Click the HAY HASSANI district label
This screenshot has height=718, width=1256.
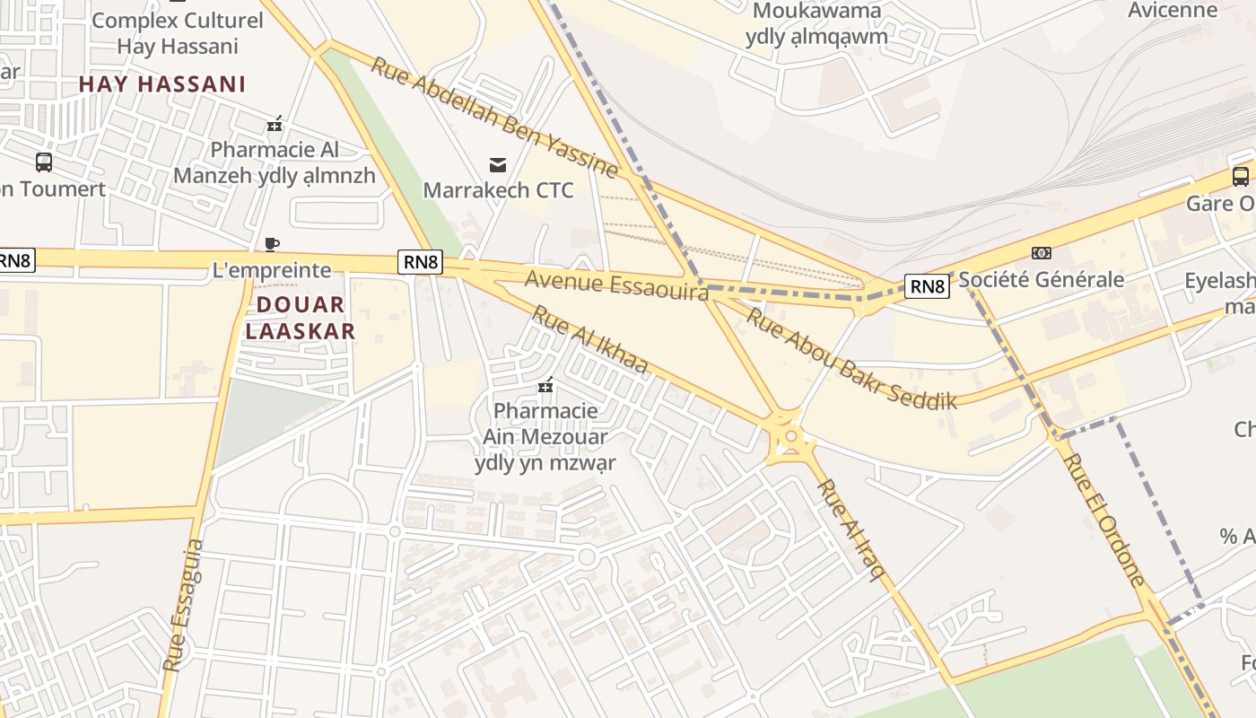point(162,84)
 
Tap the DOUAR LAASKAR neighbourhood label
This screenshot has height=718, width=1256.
point(301,318)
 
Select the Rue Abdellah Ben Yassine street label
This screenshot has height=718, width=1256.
point(494,118)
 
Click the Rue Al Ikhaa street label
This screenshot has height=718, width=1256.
point(589,339)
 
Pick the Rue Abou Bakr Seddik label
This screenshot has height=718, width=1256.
point(851,359)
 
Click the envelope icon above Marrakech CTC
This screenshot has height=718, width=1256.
point(498,164)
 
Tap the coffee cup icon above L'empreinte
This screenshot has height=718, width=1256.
point(272,244)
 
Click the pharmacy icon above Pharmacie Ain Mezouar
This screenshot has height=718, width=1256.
point(545,386)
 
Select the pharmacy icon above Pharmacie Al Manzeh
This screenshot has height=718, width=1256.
point(275,124)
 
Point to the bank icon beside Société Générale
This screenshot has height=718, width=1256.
point(1042,253)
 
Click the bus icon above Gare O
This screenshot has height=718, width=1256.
point(1241,176)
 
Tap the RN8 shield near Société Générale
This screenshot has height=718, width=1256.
point(927,286)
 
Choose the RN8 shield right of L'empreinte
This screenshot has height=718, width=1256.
point(421,262)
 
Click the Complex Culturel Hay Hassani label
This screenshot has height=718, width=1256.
point(178,32)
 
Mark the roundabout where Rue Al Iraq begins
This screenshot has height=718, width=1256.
point(790,437)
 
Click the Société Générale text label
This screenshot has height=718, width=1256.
point(1042,279)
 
